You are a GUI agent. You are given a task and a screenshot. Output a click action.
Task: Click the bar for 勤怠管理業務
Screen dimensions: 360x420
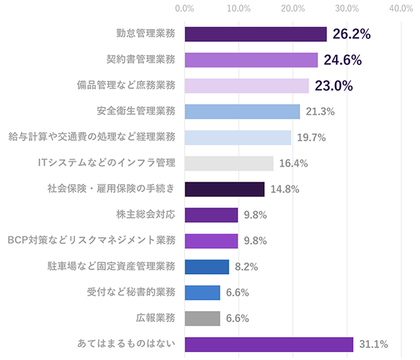click(256, 34)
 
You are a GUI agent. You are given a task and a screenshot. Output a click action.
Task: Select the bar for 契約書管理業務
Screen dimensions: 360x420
click(251, 60)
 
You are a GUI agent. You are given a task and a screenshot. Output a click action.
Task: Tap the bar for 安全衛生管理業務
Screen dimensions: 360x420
click(243, 112)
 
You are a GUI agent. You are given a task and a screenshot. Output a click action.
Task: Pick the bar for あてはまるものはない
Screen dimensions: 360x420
click(269, 344)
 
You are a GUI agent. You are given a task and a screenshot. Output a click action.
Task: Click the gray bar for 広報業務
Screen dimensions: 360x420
click(202, 318)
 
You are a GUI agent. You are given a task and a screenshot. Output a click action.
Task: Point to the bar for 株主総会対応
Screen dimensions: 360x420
click(211, 215)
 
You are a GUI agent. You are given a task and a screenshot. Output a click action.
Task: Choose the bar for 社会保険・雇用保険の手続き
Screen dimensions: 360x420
click(225, 189)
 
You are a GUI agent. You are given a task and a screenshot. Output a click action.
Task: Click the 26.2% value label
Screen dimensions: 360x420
click(351, 34)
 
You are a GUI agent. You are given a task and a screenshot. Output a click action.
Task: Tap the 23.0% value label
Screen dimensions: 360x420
click(334, 86)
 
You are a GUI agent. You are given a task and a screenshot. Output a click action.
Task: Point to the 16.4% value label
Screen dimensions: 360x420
click(293, 164)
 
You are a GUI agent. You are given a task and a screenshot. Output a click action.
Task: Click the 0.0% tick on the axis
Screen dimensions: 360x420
click(185, 8)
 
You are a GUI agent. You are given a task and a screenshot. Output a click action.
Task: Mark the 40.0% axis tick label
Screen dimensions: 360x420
click(401, 8)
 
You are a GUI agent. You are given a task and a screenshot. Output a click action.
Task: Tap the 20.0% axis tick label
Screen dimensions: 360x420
click(293, 8)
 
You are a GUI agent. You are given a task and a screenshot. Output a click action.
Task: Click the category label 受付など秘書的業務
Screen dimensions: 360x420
click(131, 292)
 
